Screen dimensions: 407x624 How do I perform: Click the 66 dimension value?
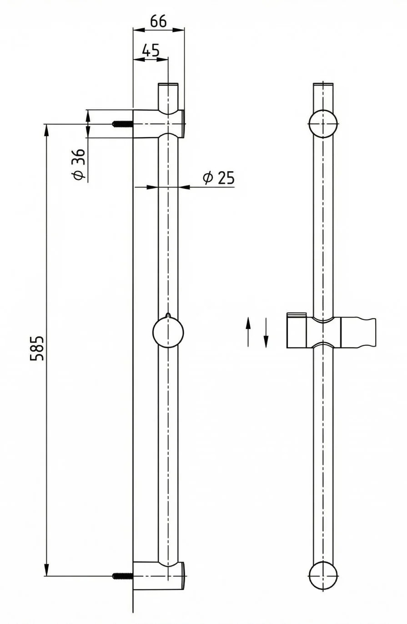click(158, 21)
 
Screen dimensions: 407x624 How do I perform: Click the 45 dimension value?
click(151, 51)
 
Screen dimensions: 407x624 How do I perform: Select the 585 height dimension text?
click(37, 349)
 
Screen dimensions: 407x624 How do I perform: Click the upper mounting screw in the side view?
click(122, 124)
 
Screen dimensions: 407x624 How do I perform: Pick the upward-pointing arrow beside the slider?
click(248, 331)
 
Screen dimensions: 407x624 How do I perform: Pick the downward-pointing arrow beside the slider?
click(266, 333)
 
